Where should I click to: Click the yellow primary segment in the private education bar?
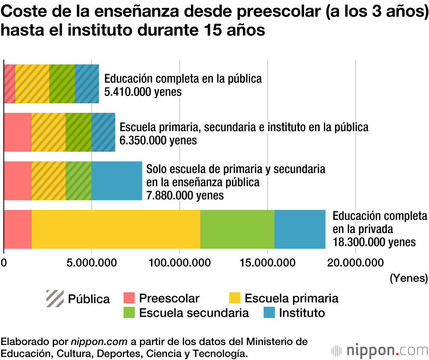tap(116, 229)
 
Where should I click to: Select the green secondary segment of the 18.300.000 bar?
tap(237, 229)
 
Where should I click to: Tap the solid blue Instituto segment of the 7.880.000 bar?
tap(117, 181)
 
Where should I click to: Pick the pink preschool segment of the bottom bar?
tap(18, 229)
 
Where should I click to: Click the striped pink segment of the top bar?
tap(9, 84)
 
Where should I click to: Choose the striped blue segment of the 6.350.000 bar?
tap(103, 132)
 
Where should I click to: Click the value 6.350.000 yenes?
tap(158, 140)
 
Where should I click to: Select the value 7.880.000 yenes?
tap(185, 195)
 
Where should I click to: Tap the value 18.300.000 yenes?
tap(374, 242)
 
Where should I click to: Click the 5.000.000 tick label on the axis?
tap(91, 262)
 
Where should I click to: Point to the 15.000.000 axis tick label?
tap(267, 262)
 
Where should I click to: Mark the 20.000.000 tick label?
tap(355, 262)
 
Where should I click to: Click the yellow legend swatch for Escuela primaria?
tap(234, 298)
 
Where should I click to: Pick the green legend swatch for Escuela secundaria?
tap(130, 312)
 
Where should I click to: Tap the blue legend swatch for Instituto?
tap(269, 312)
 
